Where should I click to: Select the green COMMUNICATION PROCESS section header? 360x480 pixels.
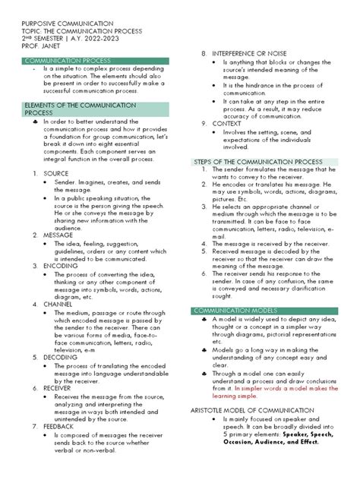[x=68, y=59]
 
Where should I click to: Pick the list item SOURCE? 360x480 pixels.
[x=55, y=173]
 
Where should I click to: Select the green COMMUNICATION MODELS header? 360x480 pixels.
[x=235, y=311]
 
